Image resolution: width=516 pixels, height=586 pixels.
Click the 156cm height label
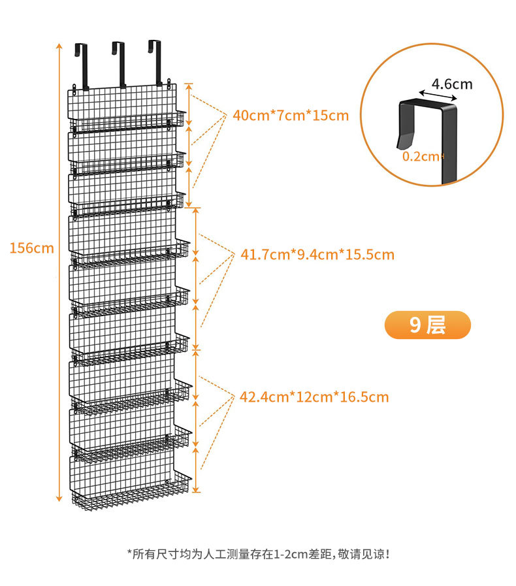(31, 248)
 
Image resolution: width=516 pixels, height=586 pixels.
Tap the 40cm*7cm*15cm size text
(291, 116)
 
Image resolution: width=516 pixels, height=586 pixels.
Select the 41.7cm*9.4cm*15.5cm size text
(317, 254)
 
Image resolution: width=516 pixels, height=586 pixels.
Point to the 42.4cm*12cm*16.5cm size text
(314, 397)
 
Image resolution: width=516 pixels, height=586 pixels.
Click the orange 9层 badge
(428, 325)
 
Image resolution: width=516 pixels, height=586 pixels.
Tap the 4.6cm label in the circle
(452, 84)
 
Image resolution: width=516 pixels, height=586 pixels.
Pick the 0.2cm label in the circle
(422, 156)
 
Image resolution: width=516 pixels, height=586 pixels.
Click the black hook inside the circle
(428, 131)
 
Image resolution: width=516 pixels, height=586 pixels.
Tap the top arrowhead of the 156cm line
(59, 46)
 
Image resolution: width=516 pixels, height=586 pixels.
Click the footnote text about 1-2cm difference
(261, 555)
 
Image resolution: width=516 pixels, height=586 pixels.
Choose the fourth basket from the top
(131, 252)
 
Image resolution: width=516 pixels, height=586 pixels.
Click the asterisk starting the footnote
(129, 553)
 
